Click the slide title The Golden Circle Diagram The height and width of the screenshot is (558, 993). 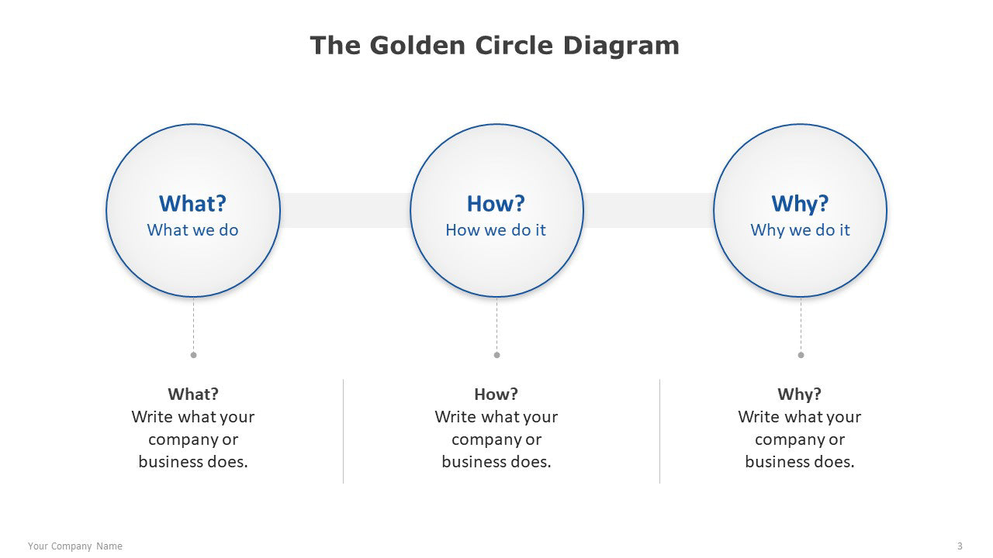[494, 46]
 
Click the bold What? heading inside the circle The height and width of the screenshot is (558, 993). [193, 204]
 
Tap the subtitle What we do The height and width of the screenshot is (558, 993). [193, 230]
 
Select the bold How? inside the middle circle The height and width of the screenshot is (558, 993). [496, 204]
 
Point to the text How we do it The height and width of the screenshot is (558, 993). [496, 230]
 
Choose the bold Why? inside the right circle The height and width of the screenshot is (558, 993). [800, 204]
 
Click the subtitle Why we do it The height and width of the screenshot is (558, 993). [800, 230]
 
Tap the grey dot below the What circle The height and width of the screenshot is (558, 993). [193, 355]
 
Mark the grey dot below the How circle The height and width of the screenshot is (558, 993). [497, 355]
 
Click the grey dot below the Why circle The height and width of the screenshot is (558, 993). [801, 355]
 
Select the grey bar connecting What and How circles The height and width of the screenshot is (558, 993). [345, 210]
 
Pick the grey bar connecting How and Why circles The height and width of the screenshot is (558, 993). [649, 210]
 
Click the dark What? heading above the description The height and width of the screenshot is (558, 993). [193, 394]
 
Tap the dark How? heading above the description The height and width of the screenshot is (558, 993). [496, 394]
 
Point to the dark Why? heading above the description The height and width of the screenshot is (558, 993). [799, 394]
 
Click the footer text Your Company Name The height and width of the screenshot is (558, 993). [75, 546]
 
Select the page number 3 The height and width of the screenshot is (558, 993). [960, 546]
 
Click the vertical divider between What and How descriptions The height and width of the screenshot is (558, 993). [343, 432]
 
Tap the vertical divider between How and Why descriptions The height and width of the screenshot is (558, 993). [659, 432]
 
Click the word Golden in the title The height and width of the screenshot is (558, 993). [417, 46]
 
